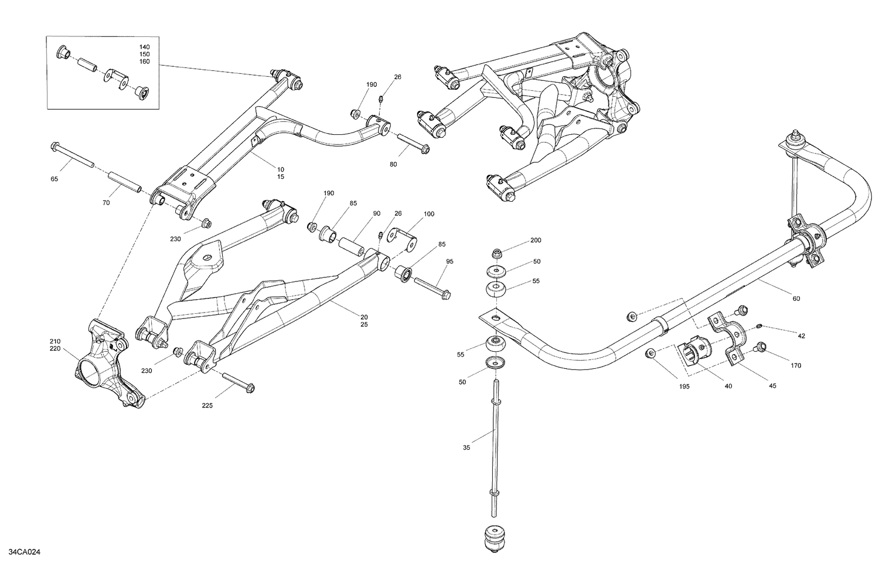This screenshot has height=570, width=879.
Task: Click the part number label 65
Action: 54,179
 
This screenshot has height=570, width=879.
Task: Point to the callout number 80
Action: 393,165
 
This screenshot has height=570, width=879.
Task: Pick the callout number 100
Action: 430,214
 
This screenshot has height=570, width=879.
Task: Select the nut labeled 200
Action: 497,254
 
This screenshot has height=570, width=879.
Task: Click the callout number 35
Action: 466,447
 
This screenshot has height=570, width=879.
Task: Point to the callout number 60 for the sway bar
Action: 796,298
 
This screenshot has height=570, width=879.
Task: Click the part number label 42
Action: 801,335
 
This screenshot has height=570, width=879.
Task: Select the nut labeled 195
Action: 650,353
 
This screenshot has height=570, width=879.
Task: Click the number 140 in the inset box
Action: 144,46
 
